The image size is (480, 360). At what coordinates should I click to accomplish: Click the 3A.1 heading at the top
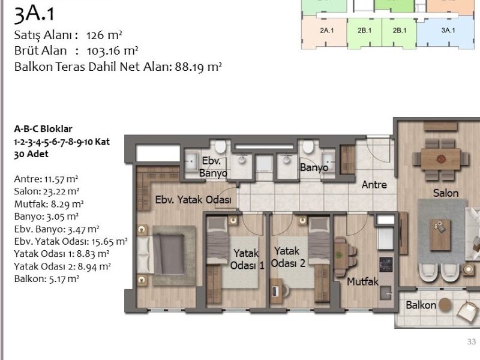point(34,14)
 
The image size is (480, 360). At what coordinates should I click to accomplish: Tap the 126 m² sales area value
point(104,35)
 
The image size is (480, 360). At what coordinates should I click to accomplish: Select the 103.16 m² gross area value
point(112,51)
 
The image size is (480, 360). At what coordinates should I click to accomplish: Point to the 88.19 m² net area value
point(198,67)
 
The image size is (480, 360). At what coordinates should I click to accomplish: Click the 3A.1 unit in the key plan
point(448,31)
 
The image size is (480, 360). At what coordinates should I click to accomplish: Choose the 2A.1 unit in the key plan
point(326,31)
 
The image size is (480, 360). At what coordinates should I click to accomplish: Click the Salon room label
point(446,193)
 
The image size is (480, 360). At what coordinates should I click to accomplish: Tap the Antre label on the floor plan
point(374,185)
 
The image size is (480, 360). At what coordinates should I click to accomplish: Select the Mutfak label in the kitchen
point(362,281)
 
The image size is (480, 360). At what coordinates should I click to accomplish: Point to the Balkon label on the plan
point(421,305)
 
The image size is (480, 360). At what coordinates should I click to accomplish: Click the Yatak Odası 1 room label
point(247,259)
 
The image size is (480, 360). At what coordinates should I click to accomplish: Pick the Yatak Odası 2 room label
point(288,257)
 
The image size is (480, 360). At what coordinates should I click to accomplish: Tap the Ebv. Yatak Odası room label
point(193,200)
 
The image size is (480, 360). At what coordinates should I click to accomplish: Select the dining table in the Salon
point(440,159)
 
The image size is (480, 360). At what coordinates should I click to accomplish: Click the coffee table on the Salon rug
point(440,235)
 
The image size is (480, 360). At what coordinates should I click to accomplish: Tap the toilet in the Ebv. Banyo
point(220,146)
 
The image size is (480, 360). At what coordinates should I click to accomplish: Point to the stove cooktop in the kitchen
point(386,265)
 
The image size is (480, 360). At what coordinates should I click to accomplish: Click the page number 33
point(472,341)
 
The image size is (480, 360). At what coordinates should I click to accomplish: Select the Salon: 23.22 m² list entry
point(47,191)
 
